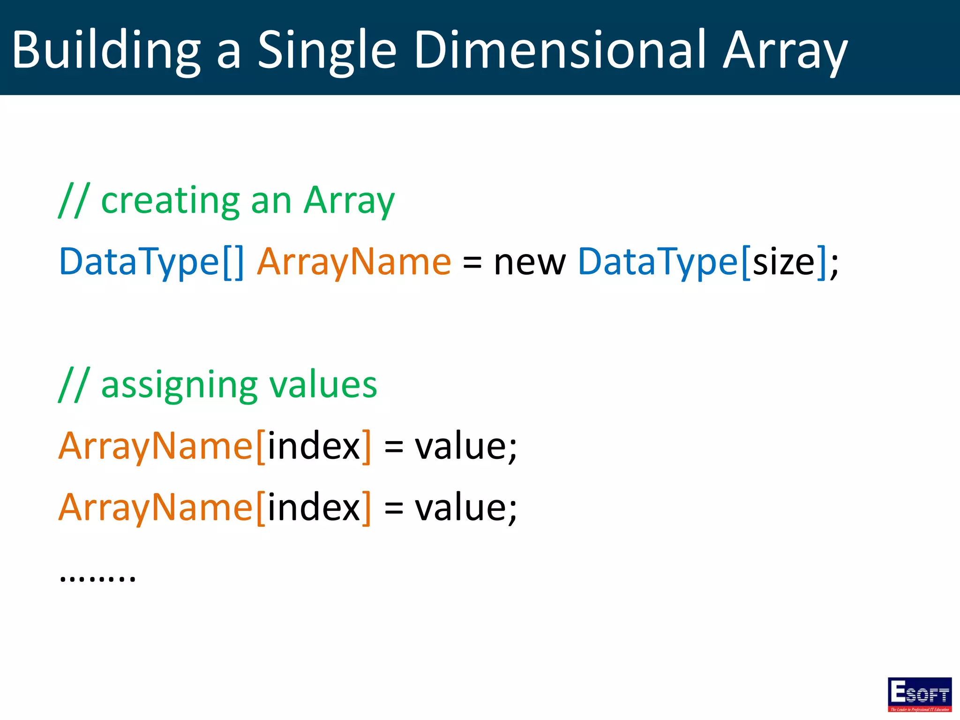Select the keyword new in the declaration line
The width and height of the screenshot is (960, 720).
coord(530,262)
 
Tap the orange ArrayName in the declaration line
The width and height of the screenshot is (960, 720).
coord(354,262)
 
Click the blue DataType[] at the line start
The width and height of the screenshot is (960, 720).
coord(151,262)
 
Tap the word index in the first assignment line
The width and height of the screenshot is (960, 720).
coord(314,446)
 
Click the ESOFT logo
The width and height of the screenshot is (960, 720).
coord(919,694)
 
